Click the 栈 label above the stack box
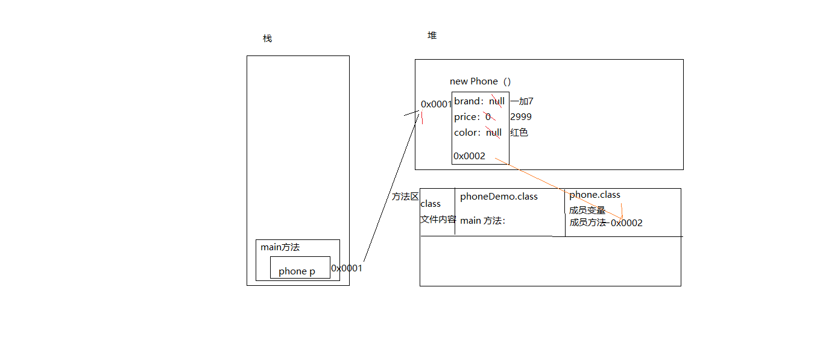click(267, 39)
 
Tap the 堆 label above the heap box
click(432, 36)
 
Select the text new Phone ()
click(481, 81)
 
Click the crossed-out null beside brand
click(497, 101)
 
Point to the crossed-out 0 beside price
click(488, 117)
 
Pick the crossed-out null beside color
click(494, 133)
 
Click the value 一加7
click(522, 101)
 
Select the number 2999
click(521, 117)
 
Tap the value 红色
click(519, 133)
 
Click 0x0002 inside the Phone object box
click(469, 156)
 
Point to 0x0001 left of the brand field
click(436, 104)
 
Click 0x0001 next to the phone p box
click(347, 268)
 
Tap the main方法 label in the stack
click(280, 247)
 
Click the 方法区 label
click(405, 197)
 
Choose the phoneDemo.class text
click(499, 197)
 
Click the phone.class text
click(594, 195)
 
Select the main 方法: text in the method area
click(482, 221)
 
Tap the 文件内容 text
click(438, 219)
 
